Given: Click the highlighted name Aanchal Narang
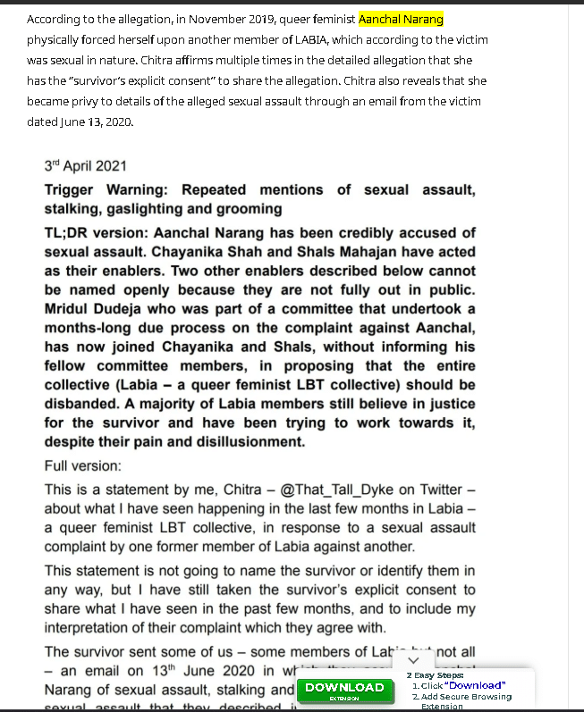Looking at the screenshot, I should pos(401,19).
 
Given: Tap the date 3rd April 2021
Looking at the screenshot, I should pos(86,165).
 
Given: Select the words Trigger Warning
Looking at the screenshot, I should pos(106,190).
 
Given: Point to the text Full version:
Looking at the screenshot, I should pos(83,466).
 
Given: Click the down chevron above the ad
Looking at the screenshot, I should pos(413,660).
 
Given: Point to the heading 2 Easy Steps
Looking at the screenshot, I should pos(435,675).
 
